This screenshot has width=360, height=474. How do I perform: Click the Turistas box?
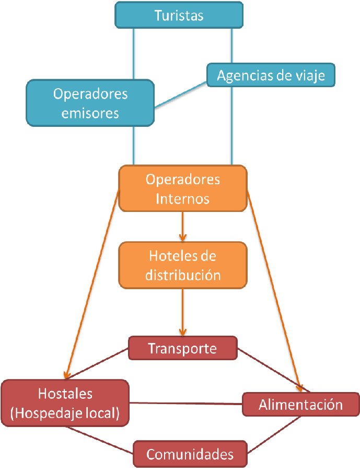(x=179, y=15)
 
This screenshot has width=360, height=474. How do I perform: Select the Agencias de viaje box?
(x=271, y=75)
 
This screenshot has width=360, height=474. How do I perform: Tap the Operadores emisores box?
(x=90, y=103)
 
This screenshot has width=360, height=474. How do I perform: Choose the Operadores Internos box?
(x=183, y=188)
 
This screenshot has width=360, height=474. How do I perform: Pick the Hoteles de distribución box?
(x=182, y=265)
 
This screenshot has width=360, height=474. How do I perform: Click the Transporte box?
(x=182, y=348)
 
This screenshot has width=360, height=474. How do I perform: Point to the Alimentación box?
(x=300, y=405)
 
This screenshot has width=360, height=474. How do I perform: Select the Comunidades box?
(x=190, y=454)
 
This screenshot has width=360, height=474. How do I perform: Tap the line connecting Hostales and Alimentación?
(x=186, y=403)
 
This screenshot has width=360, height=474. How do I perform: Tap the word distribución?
(x=182, y=275)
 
